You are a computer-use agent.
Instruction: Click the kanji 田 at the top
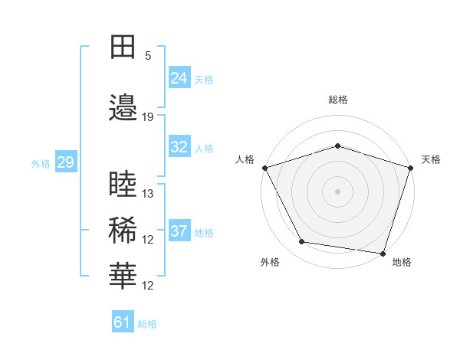point(123,48)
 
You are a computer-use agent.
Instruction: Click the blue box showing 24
point(179,78)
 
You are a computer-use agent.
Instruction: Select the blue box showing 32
point(179,148)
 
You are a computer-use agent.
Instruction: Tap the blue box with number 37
point(179,231)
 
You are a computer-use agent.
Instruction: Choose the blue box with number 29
point(65,162)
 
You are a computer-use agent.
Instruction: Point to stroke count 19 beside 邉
point(148,116)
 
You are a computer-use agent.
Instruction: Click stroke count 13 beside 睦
point(148,193)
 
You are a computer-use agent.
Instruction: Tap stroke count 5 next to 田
point(148,56)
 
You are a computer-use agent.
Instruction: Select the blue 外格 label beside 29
point(41,163)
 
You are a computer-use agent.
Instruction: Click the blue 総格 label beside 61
point(147,323)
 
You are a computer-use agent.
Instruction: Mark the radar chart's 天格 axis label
point(431,159)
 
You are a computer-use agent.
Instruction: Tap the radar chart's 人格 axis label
point(245,159)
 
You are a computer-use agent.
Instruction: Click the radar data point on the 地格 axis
point(383,253)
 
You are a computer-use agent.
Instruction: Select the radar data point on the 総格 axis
point(337,146)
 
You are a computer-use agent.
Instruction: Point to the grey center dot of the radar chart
point(337,191)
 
